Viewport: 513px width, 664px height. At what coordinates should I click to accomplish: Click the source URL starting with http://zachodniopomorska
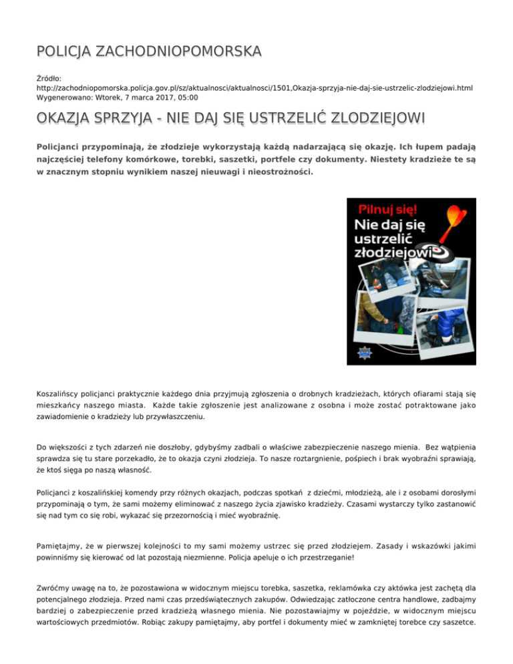tap(256, 88)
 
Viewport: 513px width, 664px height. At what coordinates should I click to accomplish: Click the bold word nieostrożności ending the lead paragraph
tap(274, 172)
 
